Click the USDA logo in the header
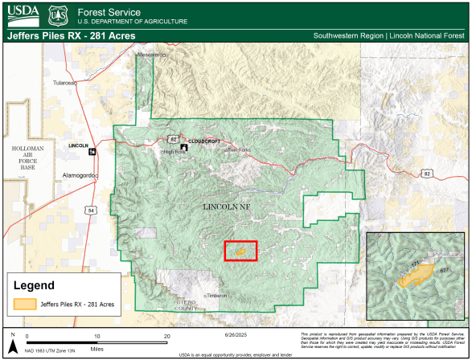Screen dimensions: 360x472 coord(22,15)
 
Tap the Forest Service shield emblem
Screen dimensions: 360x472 coord(57,15)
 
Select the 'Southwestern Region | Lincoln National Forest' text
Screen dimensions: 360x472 coord(390,36)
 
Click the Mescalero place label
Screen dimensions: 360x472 coord(151,55)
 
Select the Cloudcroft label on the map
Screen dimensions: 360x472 coord(204,141)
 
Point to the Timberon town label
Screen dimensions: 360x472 coord(216,296)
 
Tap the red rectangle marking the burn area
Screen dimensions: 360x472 coord(240,251)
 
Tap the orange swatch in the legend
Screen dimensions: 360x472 coord(25,305)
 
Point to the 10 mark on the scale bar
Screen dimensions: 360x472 coord(96,336)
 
